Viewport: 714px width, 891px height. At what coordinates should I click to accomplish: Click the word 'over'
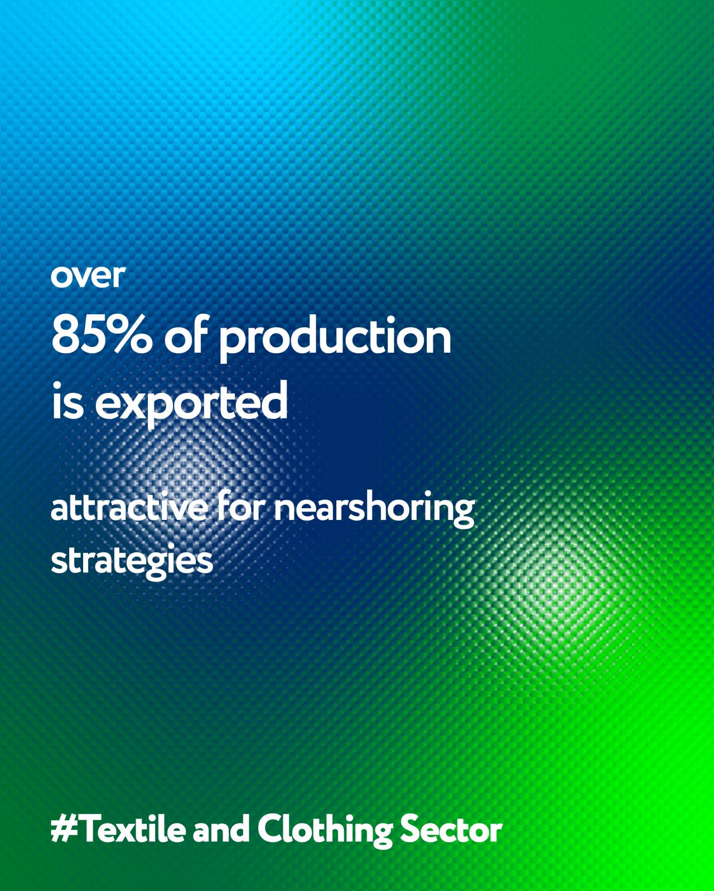(x=88, y=276)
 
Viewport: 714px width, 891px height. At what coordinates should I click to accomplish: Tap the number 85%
(x=102, y=336)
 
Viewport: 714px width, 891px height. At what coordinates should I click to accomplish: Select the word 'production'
(x=335, y=340)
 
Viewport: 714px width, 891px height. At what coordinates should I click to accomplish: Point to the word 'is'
(x=67, y=401)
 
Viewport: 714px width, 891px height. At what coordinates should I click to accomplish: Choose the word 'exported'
(x=191, y=403)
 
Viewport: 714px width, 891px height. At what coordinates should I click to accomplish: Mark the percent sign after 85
(x=131, y=336)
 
